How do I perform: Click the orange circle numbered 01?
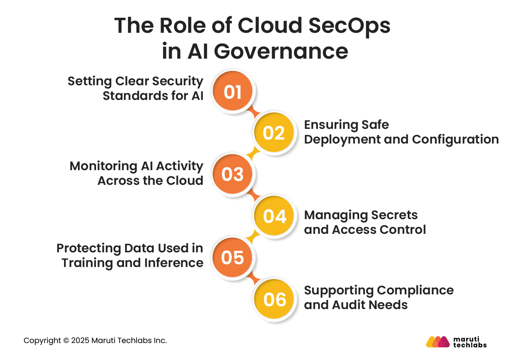tap(232, 91)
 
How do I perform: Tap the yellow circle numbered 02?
tap(274, 133)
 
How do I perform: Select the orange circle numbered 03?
tap(232, 174)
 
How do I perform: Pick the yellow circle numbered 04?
tap(274, 216)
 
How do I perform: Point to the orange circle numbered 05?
tap(232, 257)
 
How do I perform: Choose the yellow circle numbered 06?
tap(274, 299)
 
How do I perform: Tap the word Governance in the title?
tap(281, 51)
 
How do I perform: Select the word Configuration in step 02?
tap(455, 139)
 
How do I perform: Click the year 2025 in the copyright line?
tap(80, 341)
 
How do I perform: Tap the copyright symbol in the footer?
tap(66, 341)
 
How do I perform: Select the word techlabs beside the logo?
tap(469, 345)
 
